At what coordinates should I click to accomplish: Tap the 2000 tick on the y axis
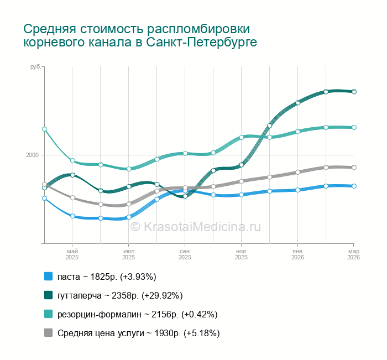(33, 155)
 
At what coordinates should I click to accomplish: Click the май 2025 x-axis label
(72, 254)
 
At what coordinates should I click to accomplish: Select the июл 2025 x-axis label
(129, 254)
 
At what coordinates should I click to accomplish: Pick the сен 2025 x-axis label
(185, 254)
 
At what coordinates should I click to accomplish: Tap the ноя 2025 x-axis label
(242, 254)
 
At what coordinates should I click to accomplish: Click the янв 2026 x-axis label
(297, 254)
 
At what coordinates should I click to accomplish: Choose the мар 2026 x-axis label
(353, 254)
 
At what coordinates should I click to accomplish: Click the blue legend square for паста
(48, 276)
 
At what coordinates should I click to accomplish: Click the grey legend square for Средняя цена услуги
(48, 333)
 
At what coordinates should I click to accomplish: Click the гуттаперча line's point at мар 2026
(354, 92)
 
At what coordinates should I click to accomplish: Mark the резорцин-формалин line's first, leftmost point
(44, 129)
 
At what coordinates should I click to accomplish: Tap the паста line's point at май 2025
(72, 216)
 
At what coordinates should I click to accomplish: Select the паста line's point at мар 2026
(354, 186)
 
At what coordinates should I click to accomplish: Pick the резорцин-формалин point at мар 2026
(354, 127)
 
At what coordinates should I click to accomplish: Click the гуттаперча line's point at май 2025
(72, 175)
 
